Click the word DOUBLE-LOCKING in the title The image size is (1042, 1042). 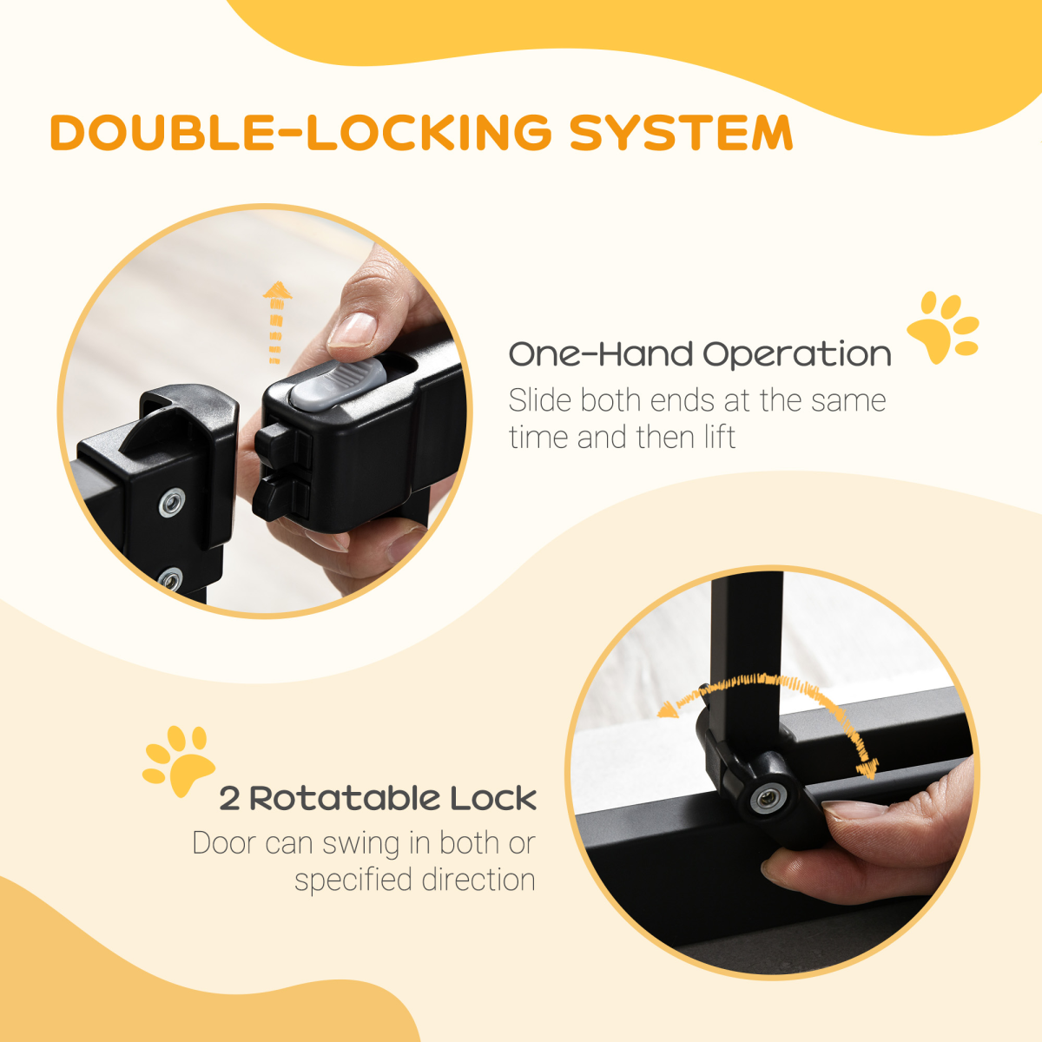(300, 133)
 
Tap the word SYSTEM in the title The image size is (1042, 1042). (681, 133)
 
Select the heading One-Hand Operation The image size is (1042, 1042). (699, 354)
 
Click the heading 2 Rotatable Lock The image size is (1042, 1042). (378, 798)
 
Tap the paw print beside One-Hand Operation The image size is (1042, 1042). (941, 327)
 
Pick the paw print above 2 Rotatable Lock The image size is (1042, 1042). (179, 761)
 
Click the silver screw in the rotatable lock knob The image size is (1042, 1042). (766, 797)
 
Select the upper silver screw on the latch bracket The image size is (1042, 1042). (172, 501)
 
